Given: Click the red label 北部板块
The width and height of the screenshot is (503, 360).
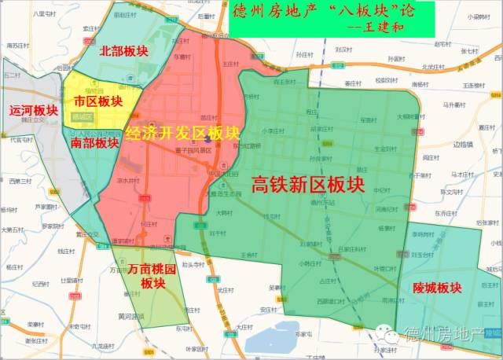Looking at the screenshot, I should [124, 51].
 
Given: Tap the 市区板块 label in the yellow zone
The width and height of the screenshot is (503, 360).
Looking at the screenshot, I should [98, 101].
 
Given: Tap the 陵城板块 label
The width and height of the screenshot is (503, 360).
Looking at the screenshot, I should [437, 288].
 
